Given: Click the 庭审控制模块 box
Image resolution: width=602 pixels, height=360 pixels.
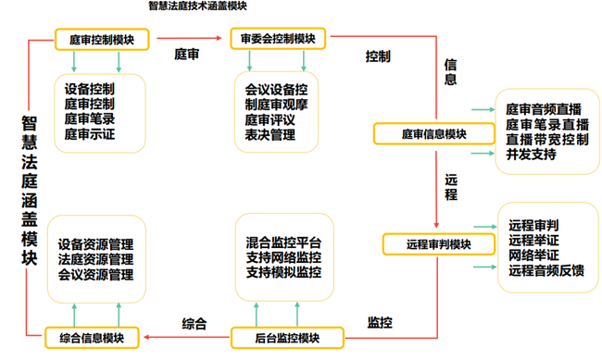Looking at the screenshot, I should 102,39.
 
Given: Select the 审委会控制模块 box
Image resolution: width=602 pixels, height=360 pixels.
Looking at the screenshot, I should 278,39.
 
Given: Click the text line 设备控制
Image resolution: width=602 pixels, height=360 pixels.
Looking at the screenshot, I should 90,90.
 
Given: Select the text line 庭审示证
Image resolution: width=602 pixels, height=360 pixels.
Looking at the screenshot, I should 90,134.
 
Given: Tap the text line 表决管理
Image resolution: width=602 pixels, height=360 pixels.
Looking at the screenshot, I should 269,134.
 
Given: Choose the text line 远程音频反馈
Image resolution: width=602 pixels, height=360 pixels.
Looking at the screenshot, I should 546,270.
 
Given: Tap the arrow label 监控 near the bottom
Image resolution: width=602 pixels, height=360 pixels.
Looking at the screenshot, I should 380,323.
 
